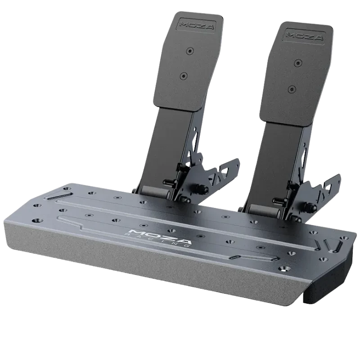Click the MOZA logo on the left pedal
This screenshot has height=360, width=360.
click(197, 25)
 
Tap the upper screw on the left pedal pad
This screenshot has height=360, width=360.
click(189, 50)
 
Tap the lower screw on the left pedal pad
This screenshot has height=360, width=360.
click(183, 75)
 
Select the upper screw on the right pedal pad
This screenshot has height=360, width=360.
click(298, 62)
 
